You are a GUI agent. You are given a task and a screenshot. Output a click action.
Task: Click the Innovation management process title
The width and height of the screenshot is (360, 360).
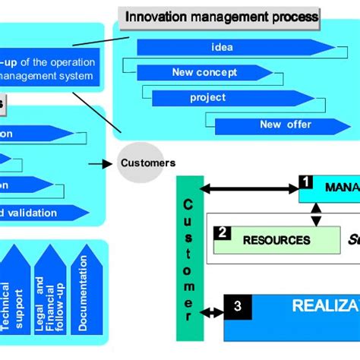point(221,16)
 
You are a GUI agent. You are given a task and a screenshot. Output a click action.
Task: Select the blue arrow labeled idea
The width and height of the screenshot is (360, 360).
point(222,47)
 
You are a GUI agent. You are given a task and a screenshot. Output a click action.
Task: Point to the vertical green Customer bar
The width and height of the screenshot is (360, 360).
point(189,258)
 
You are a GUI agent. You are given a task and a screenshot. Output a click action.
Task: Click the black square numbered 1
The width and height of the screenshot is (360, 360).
point(305,182)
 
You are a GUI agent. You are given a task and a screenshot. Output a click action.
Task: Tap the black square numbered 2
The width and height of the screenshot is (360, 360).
point(222,233)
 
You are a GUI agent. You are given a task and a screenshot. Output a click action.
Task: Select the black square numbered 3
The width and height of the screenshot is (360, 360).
point(238,307)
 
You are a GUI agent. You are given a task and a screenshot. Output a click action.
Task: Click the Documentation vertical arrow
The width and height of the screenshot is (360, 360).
point(84,292)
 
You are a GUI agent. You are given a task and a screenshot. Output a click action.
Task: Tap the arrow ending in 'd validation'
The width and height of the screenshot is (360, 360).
point(46,213)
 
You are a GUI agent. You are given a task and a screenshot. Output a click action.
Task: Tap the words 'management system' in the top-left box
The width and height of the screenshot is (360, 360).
point(47,76)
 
